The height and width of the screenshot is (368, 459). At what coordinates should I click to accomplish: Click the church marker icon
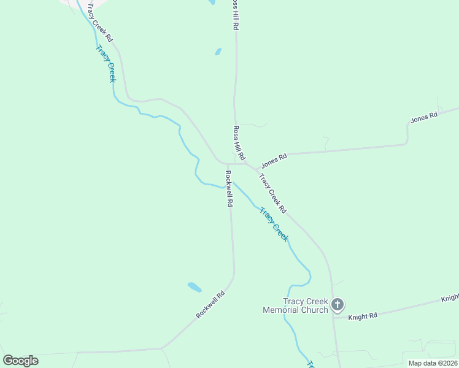coord(337,304)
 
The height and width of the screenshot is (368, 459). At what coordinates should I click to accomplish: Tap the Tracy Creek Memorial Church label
coord(296,305)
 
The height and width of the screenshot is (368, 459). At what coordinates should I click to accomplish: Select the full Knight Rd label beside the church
coord(363,316)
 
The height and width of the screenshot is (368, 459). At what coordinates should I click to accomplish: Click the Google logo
coord(20,360)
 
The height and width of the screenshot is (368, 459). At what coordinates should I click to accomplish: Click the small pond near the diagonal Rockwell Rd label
coord(194,286)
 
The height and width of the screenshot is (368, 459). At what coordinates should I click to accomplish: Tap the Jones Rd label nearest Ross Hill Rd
coord(274,161)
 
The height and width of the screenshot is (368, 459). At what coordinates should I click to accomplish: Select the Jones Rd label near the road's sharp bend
coord(424,117)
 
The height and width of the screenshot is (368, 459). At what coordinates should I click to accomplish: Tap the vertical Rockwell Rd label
coord(229,188)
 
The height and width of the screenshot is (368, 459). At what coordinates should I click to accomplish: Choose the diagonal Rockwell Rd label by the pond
coord(210,304)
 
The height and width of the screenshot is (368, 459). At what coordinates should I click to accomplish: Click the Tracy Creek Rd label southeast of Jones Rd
coord(272,194)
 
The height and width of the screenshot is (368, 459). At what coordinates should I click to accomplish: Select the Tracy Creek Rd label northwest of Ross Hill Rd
coord(101,22)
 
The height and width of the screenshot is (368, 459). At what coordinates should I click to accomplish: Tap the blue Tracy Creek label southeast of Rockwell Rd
coord(274,224)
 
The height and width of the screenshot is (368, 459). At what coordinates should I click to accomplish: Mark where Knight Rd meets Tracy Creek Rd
coord(333,317)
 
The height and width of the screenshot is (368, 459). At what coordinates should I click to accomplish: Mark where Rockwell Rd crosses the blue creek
coord(227,186)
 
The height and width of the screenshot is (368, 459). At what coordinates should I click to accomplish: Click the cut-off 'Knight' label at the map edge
coord(450,298)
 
